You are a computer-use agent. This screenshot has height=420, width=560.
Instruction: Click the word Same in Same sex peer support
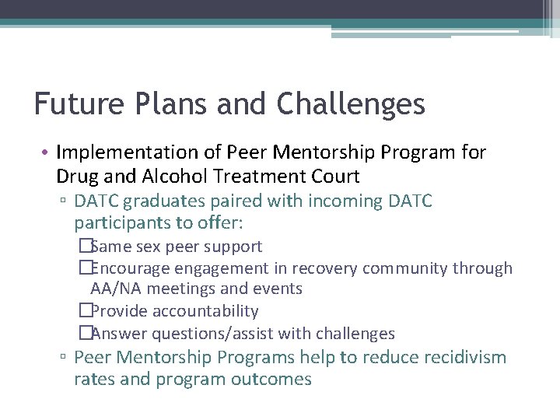pyautogui.click(x=112, y=247)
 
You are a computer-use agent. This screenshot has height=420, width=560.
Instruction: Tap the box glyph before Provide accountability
pyautogui.click(x=85, y=311)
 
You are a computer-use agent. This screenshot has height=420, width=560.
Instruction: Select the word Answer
pyautogui.click(x=120, y=334)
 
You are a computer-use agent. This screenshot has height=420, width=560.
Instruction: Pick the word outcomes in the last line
pyautogui.click(x=271, y=380)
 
